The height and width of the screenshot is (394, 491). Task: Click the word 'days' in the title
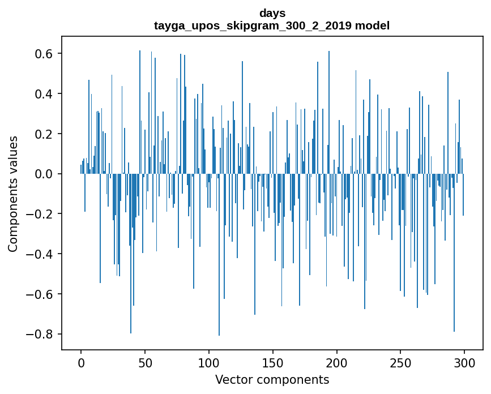(272, 13)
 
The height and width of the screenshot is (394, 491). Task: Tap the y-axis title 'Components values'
(13, 194)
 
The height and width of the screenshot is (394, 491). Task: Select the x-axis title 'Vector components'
(272, 379)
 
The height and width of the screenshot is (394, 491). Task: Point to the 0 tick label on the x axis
(81, 362)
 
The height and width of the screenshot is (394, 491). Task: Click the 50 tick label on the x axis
(145, 362)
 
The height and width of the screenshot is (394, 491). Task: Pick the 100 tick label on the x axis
(209, 362)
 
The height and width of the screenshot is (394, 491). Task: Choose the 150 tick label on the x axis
(273, 362)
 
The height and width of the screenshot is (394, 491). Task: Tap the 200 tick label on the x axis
(337, 362)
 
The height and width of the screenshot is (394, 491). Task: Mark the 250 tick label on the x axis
(400, 362)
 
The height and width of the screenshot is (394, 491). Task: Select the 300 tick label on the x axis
(464, 362)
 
